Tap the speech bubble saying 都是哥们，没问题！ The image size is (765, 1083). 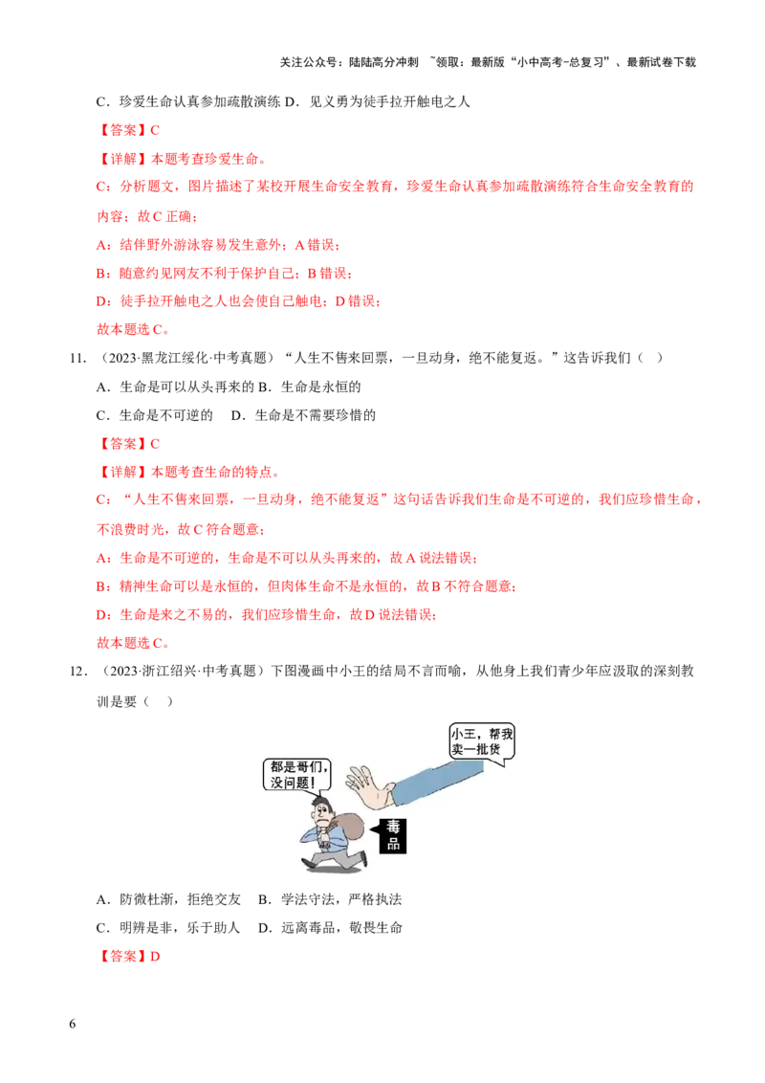(x=297, y=774)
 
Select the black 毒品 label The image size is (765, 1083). (x=392, y=835)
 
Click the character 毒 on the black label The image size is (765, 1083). (x=392, y=826)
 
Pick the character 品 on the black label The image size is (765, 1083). (x=392, y=844)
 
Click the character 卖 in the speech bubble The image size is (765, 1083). (x=457, y=748)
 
